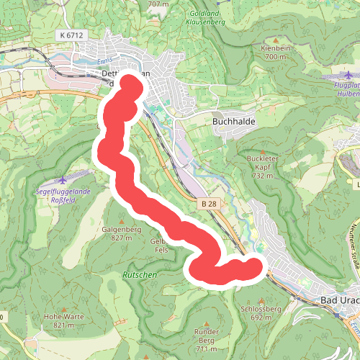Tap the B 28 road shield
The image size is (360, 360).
pos(209,205)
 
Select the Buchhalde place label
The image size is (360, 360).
pos(231,122)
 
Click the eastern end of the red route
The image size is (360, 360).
pos(253,267)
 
